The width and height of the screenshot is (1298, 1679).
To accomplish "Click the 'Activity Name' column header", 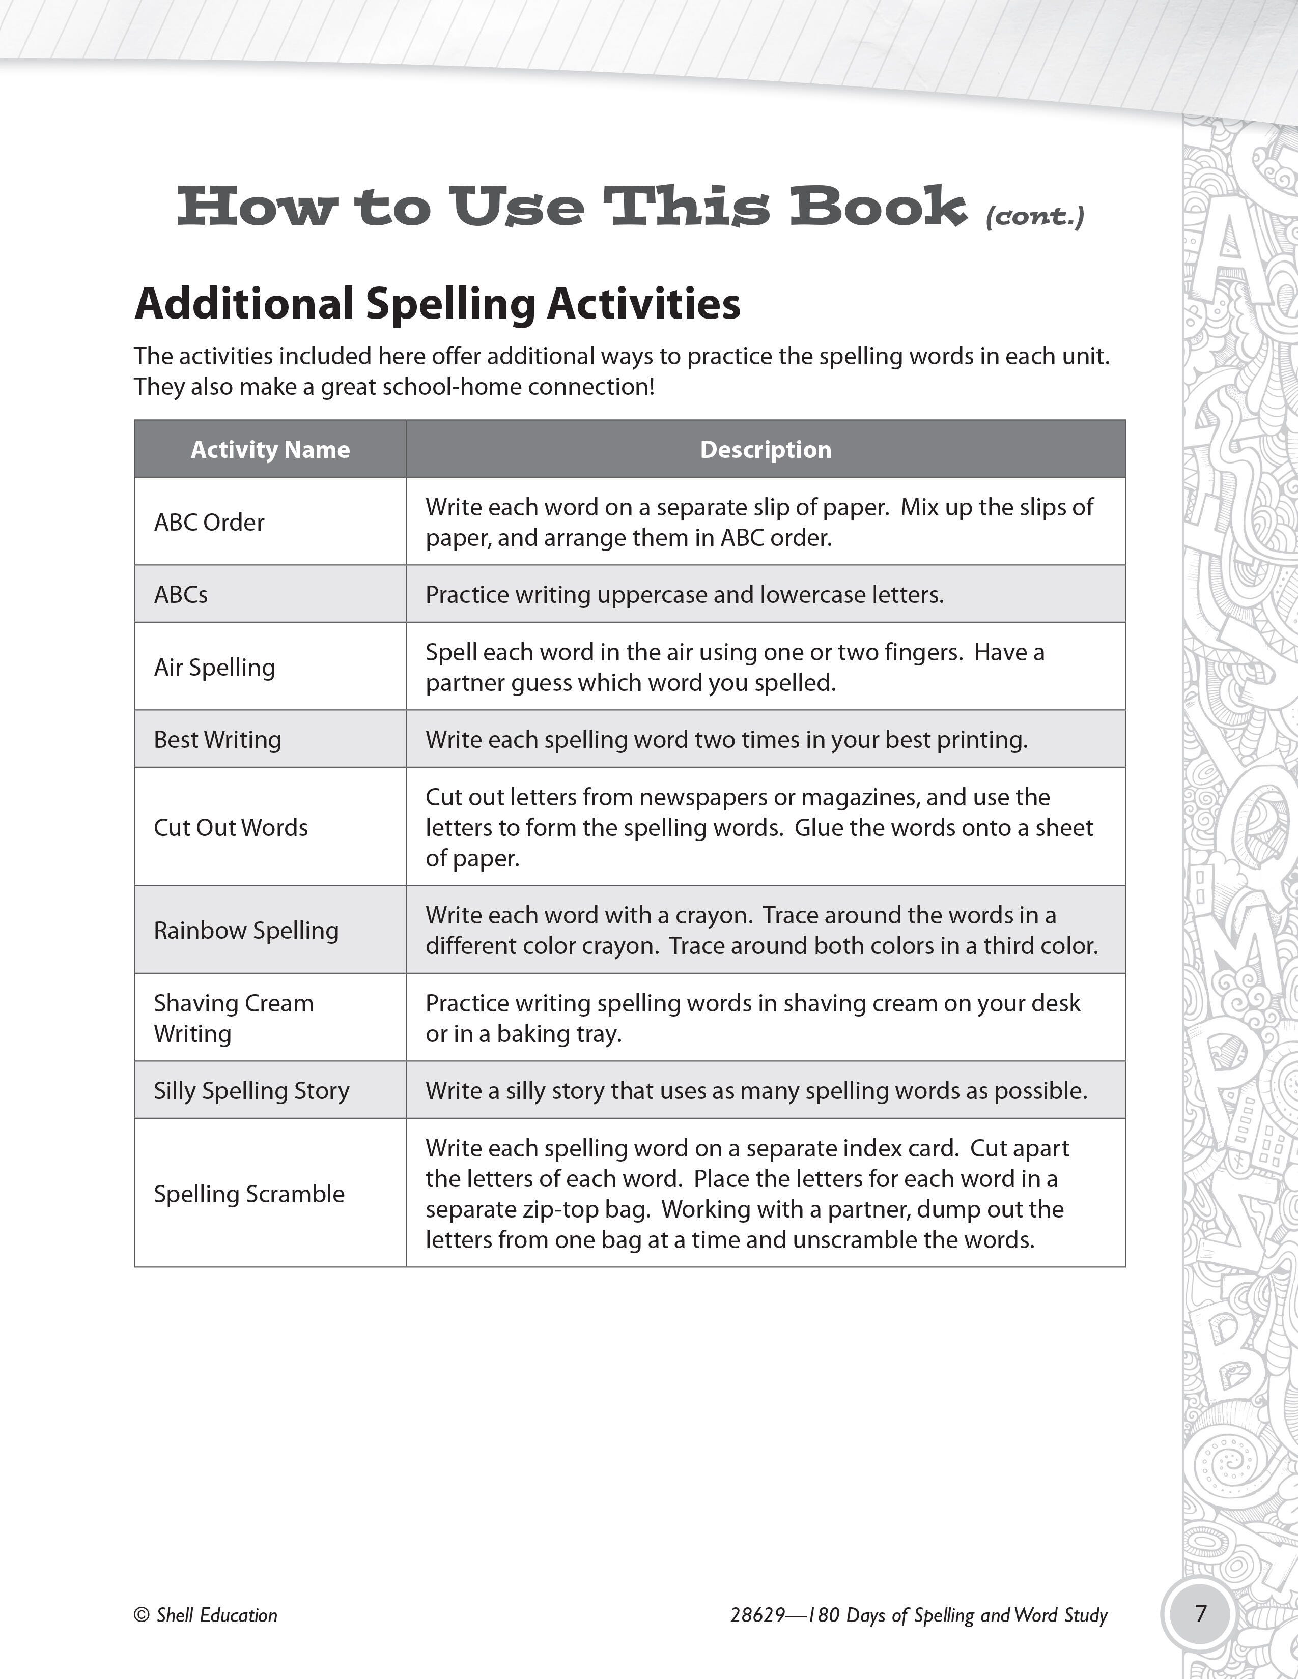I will [270, 450].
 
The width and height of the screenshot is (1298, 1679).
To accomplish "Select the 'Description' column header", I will [765, 450].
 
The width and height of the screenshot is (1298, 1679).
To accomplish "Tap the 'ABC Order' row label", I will [209, 523].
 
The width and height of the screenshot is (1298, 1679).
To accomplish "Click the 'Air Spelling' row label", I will [214, 668].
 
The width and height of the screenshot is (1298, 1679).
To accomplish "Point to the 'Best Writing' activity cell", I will [218, 740].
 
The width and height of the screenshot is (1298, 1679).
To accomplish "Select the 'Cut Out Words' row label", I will [231, 828].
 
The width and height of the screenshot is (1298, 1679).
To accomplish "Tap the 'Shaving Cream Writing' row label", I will [234, 1019].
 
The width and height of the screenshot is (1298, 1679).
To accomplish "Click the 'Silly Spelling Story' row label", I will [251, 1091].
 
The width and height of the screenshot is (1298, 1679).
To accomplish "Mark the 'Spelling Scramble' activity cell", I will [249, 1194].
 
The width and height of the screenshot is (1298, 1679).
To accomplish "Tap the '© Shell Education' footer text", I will [206, 1615].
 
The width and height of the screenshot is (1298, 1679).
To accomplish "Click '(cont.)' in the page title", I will [1035, 218].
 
